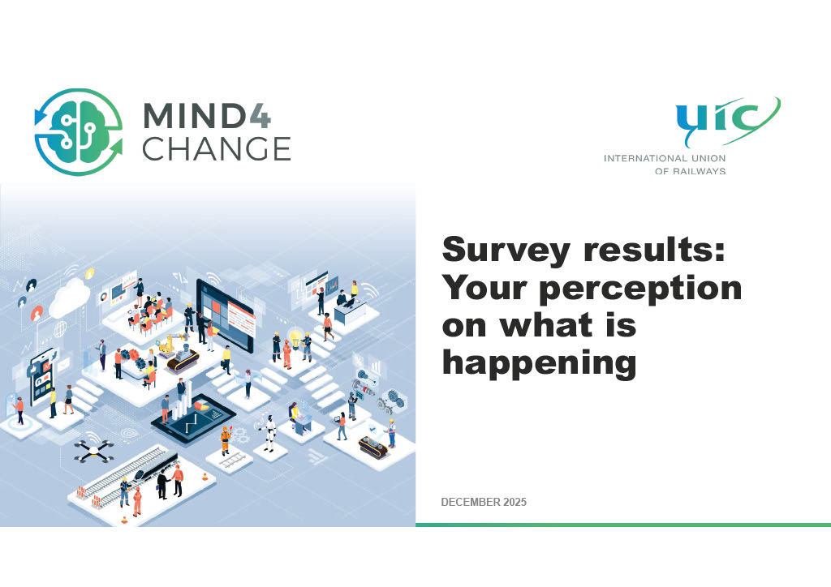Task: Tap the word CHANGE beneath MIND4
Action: (x=216, y=149)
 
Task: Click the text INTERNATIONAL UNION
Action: (x=664, y=158)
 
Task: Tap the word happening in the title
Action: (x=538, y=362)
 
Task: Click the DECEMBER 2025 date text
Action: (x=484, y=503)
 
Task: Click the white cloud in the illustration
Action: (x=68, y=298)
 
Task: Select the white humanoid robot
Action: (x=269, y=431)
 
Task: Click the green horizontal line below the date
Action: (x=622, y=525)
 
